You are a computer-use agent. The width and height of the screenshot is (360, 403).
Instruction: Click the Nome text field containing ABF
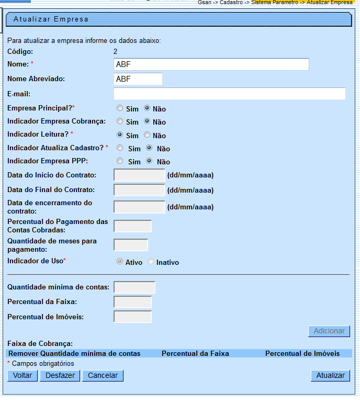pos(211,64)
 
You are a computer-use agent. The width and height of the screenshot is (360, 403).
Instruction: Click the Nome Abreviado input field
pos(138,79)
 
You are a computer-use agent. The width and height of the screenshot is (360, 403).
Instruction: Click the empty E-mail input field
pos(229,94)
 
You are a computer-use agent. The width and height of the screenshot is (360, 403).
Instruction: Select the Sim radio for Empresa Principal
pos(120,108)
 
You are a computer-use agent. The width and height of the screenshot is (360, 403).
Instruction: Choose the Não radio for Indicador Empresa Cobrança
pos(147,121)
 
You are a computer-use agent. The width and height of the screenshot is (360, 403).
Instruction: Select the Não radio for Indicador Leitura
pos(147,135)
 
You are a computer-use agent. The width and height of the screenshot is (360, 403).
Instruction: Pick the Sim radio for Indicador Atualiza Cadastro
pos(120,148)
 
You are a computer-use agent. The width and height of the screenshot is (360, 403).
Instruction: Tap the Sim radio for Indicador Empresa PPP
pos(120,161)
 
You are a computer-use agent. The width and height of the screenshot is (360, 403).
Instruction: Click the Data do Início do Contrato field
pos(139,175)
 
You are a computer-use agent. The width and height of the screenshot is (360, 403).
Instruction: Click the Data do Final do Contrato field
pos(139,190)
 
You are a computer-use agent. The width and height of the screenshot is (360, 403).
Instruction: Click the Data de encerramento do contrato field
pos(139,207)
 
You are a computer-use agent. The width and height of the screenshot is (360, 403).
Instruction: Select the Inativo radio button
pos(151,262)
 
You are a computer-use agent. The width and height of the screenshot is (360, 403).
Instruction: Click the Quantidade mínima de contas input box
pos(134,287)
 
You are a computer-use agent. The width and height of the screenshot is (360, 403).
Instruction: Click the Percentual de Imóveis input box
pos(132,317)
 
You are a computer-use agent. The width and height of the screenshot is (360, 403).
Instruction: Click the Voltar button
pos(22,376)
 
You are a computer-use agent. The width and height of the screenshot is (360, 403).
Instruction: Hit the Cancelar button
pos(103,376)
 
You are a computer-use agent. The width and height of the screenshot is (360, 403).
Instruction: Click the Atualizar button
pos(330,376)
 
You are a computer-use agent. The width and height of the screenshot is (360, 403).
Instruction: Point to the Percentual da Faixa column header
pos(195,354)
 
